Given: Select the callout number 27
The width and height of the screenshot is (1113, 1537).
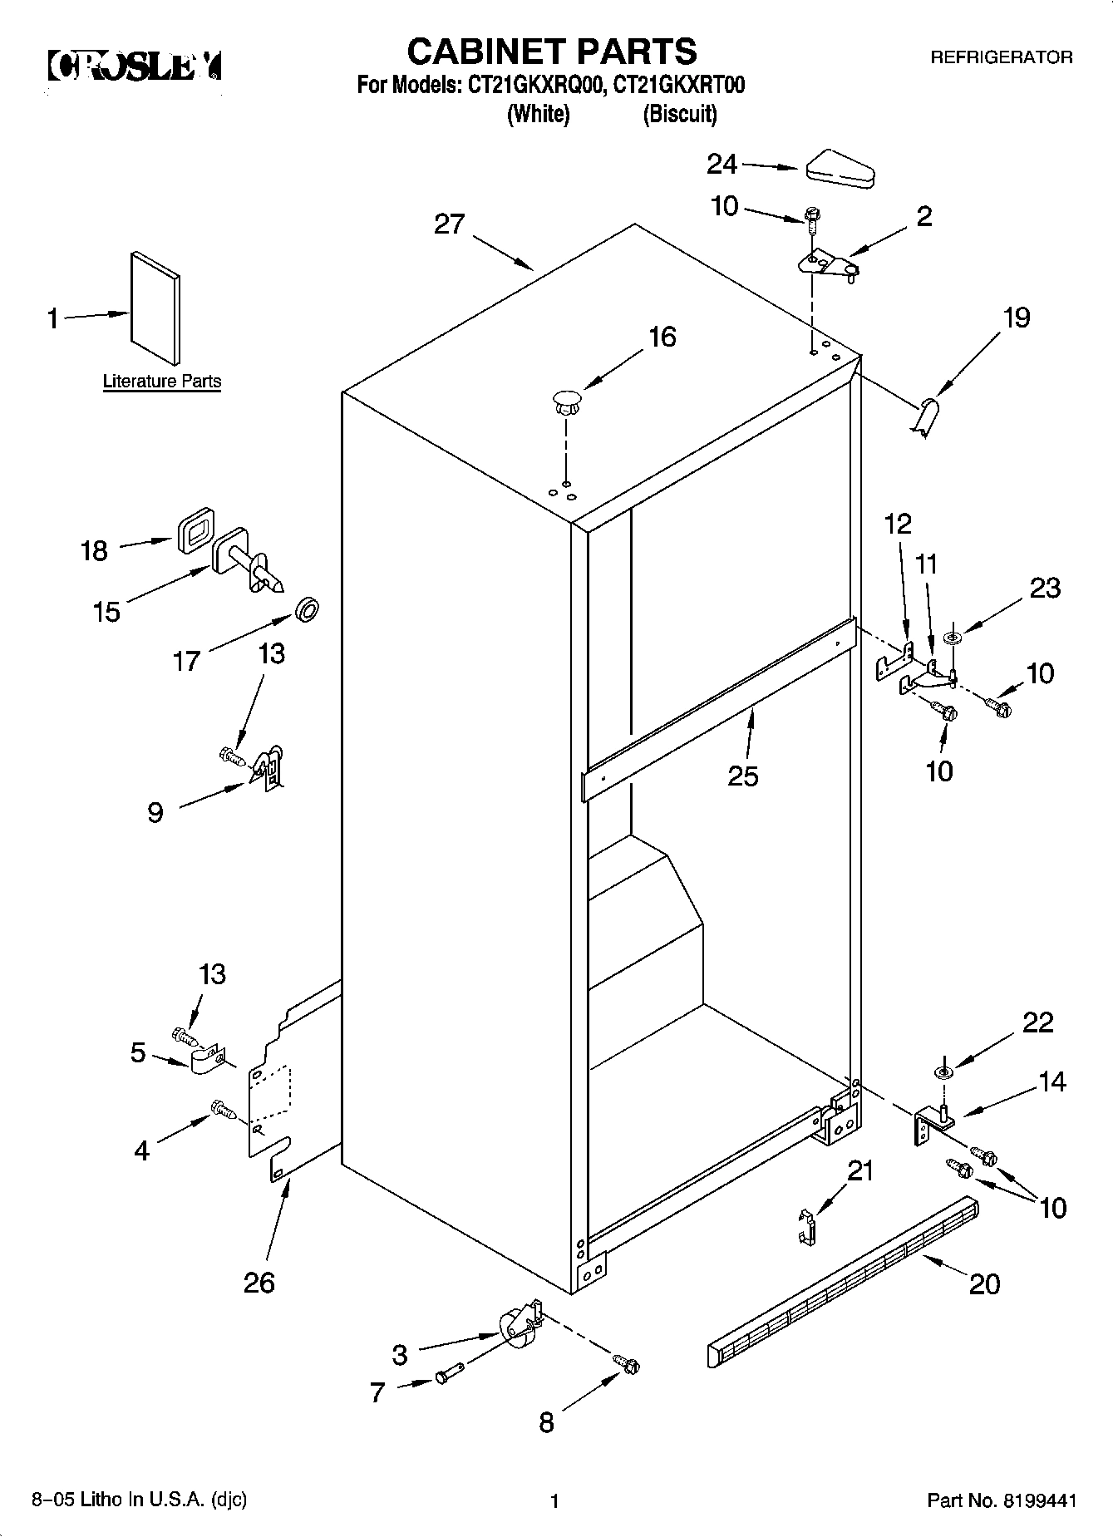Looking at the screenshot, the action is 449,224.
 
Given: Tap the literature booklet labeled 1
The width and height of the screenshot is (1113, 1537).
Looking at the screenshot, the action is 155,308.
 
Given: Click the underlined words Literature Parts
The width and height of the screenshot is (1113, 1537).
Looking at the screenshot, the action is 162,382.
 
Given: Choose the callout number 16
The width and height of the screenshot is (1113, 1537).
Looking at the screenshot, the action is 662,337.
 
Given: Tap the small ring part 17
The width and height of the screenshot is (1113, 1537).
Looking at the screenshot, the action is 308,612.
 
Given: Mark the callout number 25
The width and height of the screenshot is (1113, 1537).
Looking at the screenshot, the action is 742,776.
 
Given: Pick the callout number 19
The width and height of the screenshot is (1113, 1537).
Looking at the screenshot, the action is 1016,318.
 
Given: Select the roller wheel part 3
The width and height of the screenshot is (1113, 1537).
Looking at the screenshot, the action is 518,1325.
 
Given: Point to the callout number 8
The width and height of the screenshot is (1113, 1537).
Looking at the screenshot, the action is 545,1422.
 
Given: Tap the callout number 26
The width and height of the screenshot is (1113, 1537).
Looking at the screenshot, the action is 259,1283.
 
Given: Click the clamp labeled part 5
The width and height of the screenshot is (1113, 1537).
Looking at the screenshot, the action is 204,1060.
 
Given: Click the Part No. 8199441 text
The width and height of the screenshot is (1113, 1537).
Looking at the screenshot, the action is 1002,1501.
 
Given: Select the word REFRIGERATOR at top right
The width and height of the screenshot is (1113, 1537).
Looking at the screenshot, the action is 1001,57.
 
